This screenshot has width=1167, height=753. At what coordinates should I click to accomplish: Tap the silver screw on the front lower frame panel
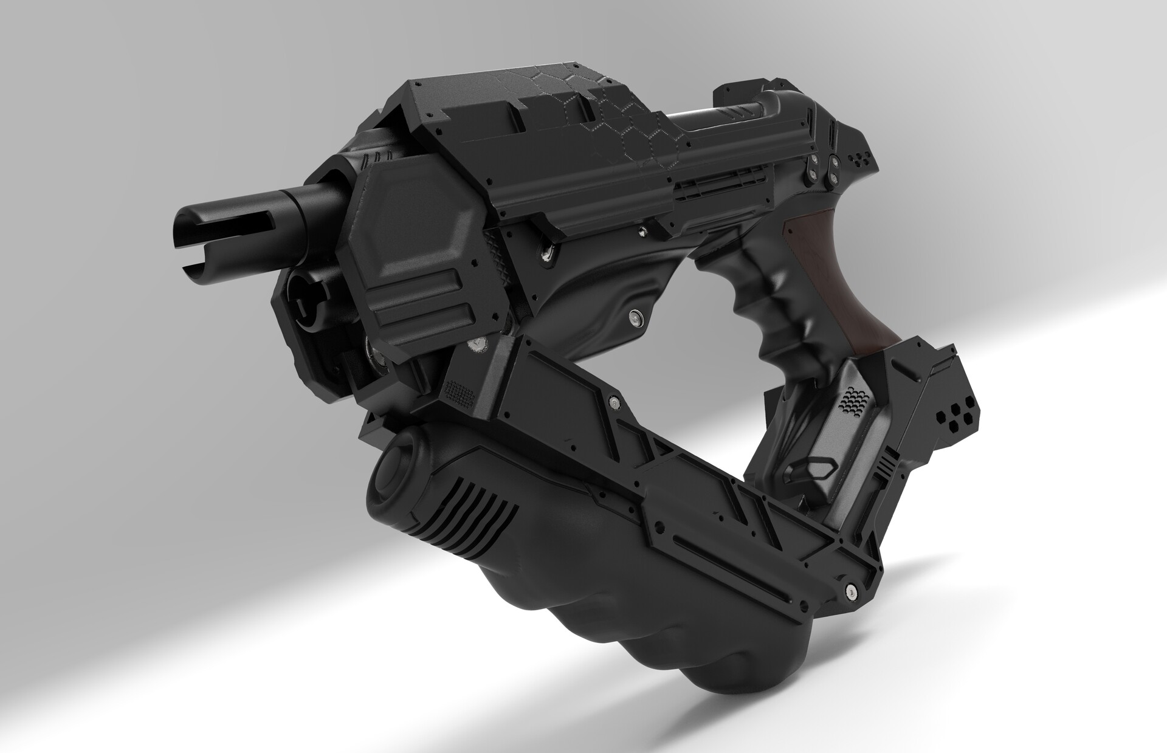click(x=616, y=402)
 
